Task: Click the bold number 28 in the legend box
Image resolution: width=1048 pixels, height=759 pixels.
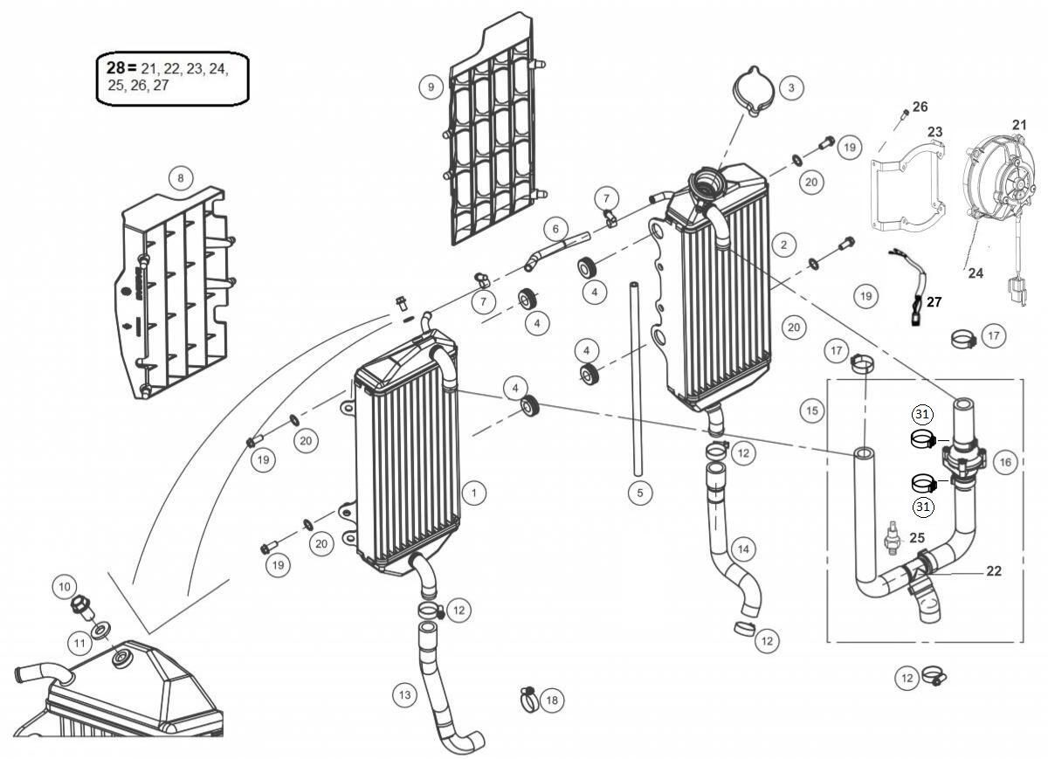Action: [x=116, y=68]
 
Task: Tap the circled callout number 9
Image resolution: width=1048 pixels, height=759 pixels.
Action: [x=431, y=87]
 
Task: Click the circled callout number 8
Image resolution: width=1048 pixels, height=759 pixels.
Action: [x=181, y=178]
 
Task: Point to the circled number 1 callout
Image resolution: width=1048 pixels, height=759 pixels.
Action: [x=474, y=493]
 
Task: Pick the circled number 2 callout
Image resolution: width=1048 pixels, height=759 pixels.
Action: [x=783, y=245]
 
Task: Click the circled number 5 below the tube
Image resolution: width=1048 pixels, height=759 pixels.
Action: [x=639, y=493]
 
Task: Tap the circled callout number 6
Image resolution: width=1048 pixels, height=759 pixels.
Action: [x=555, y=229]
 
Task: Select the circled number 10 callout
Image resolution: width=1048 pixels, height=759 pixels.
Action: [x=65, y=587]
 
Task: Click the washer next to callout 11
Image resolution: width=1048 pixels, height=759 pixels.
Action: [x=100, y=631]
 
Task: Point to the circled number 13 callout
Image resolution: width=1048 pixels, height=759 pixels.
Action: [x=404, y=695]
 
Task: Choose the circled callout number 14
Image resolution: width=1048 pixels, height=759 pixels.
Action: [x=743, y=549]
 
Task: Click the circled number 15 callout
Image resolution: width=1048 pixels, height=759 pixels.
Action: [x=811, y=411]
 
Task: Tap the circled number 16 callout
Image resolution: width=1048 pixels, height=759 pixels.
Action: [x=1005, y=462]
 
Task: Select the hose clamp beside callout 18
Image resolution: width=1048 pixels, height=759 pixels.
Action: [x=528, y=698]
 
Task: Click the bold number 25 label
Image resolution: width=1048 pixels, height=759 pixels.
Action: [x=917, y=538]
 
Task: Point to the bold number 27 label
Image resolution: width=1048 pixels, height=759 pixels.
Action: [x=934, y=302]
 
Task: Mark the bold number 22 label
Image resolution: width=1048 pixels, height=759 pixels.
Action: [x=994, y=571]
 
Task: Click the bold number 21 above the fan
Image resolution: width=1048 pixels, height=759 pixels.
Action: [x=1019, y=125]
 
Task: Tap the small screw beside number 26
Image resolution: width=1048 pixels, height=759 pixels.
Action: [x=906, y=113]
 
